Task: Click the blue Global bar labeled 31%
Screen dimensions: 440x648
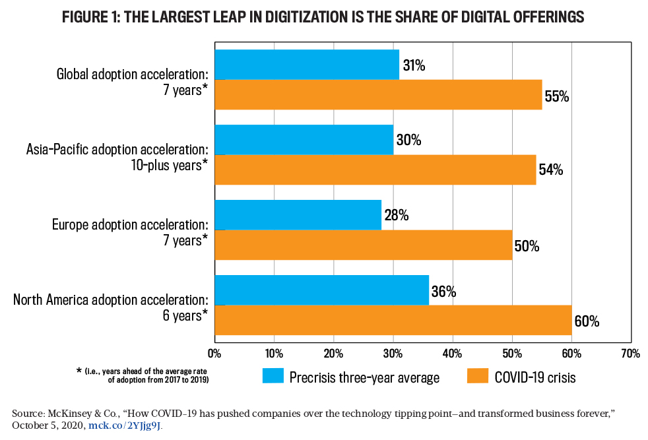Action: [307, 65]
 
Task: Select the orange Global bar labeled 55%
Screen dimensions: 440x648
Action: [378, 94]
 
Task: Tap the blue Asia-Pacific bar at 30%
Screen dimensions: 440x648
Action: [304, 140]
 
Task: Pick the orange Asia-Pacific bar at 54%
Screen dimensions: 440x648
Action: [375, 170]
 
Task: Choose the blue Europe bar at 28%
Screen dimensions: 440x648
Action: [298, 215]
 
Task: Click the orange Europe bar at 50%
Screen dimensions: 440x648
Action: [363, 245]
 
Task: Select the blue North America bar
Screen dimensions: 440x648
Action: [321, 290]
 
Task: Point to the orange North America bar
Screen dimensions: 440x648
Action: [393, 320]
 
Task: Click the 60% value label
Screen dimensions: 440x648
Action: [587, 321]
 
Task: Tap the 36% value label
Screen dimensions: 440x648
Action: [443, 292]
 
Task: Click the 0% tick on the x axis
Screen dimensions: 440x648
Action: [214, 354]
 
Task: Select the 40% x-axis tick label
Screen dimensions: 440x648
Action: [453, 354]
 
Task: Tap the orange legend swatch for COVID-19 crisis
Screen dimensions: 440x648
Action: [479, 377]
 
